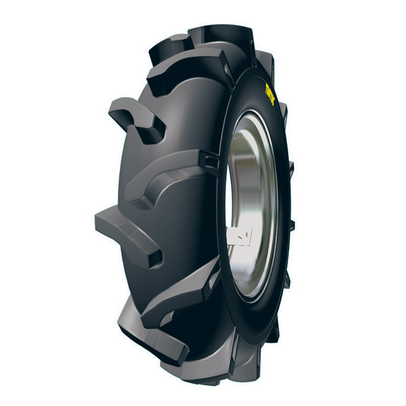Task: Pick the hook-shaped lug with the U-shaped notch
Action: point(135,118)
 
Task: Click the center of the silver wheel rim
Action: point(250,203)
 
